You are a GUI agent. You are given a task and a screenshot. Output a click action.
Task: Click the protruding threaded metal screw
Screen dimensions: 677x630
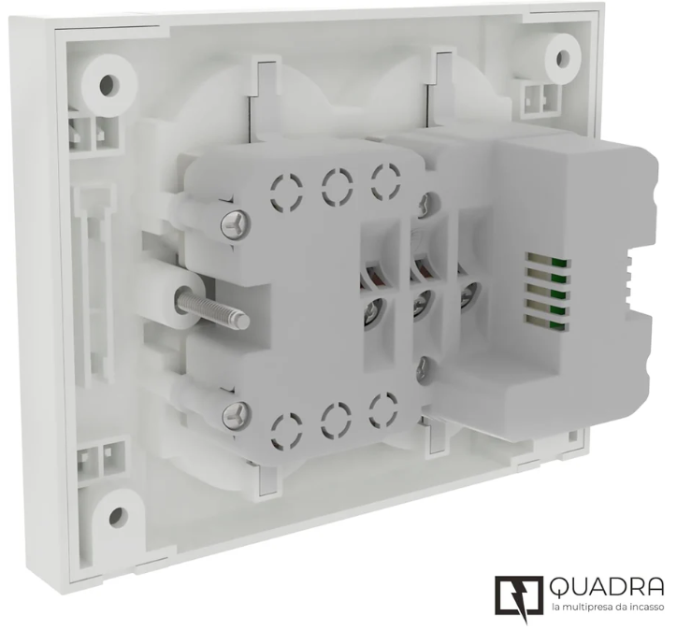tap(211, 307)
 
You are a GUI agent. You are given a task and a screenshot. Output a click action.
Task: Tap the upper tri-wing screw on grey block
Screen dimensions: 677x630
tap(236, 225)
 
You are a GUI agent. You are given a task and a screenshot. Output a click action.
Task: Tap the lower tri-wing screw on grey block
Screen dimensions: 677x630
tap(237, 415)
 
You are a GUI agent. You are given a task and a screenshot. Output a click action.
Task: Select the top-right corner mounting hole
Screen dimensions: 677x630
tap(563, 58)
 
